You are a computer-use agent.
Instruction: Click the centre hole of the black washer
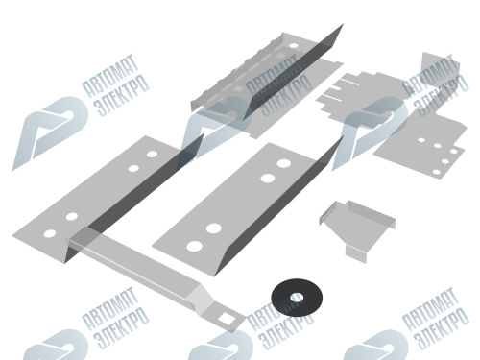coord(297,298)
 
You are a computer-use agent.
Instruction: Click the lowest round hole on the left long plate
coord(50,233)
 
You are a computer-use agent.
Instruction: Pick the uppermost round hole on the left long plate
coord(152,155)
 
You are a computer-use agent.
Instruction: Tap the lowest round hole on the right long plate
coord(195,246)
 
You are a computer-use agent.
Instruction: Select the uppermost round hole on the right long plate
coord(283,163)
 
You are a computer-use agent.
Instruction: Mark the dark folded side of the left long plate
coord(144,192)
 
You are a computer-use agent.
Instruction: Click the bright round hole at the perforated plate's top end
coord(294,46)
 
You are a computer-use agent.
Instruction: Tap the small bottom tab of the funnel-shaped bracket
coord(356,253)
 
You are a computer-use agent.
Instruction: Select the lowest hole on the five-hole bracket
coord(437,172)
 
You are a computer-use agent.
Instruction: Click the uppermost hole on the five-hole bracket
coord(421,140)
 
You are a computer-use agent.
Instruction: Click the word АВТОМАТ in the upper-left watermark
coord(110,76)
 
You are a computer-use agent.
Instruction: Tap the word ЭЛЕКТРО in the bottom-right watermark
coord(443,328)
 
